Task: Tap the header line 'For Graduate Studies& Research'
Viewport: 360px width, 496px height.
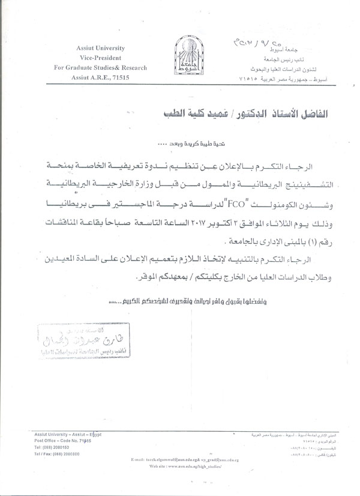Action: click(x=100, y=68)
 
